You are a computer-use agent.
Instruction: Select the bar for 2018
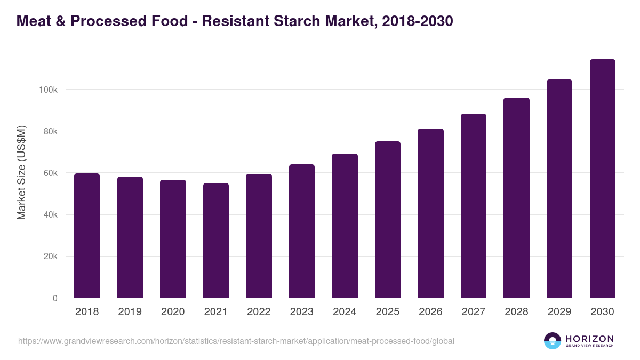click(87, 236)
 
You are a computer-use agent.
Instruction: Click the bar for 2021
click(215, 241)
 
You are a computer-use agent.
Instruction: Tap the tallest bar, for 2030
click(602, 179)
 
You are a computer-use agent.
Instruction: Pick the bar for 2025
click(387, 220)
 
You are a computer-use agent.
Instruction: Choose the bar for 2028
click(516, 198)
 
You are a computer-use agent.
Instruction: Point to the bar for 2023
click(301, 231)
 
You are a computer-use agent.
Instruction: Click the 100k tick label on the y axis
click(48, 90)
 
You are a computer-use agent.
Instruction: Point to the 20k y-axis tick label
click(50, 257)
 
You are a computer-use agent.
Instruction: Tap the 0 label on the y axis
click(55, 298)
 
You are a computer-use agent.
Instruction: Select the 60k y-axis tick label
click(50, 173)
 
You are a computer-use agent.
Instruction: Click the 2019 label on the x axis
click(130, 312)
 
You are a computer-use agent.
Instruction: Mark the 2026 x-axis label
click(430, 312)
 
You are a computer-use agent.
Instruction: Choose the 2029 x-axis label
click(559, 312)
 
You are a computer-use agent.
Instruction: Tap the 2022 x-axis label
click(259, 312)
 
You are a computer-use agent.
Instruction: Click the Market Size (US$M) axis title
click(21, 172)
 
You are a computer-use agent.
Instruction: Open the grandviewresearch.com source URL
click(236, 341)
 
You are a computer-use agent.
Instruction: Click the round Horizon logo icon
click(553, 341)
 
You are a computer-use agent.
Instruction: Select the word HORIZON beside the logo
click(589, 339)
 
